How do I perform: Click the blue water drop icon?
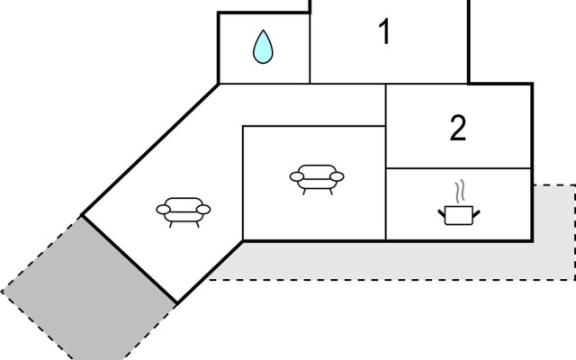pos(263,48)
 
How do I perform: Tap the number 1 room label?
pos(384,33)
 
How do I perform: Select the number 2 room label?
pos(458,129)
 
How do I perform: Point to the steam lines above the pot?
pos(460,191)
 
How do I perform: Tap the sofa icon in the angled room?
pos(184,210)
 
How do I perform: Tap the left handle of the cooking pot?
pos(442,211)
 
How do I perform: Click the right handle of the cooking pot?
pos(478,211)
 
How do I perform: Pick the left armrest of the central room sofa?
pos(296,176)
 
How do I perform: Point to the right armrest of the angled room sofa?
pos(204,209)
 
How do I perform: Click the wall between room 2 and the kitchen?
pos(458,168)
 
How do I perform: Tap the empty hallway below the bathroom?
pos(297,104)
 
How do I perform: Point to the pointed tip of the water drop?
pos(263,32)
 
